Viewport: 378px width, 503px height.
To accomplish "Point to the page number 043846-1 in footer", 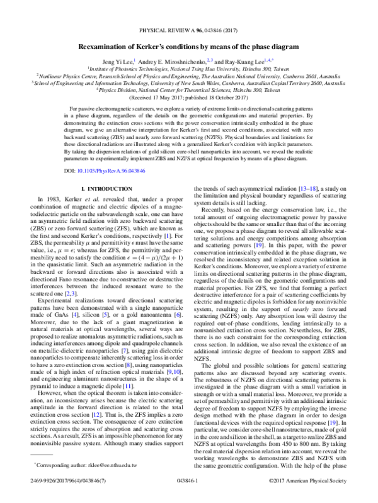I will [188, 494].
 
